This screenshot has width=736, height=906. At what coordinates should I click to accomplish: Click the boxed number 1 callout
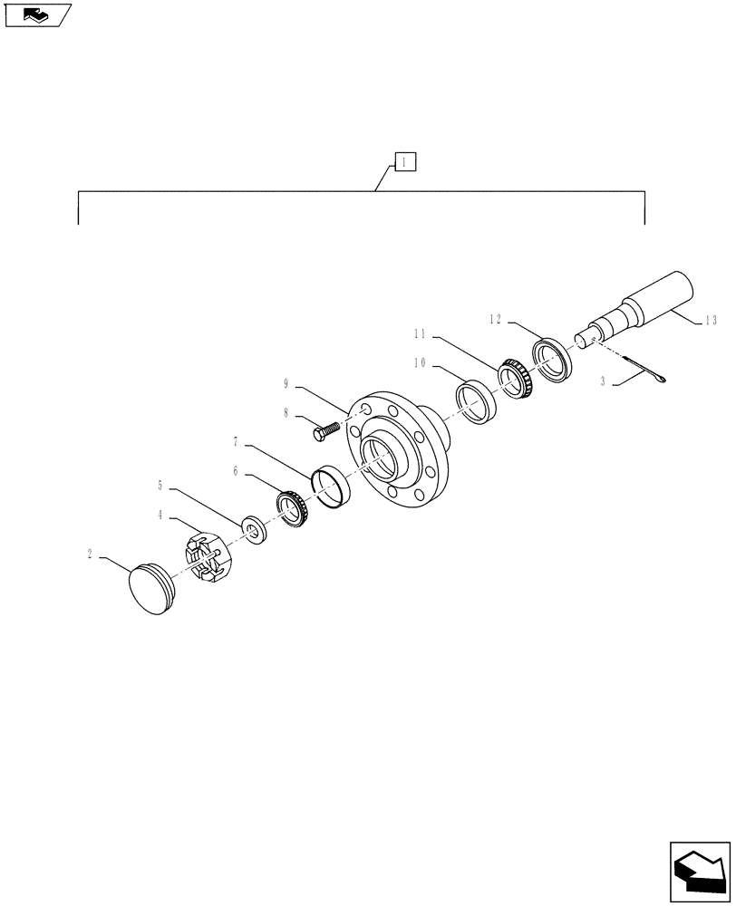pyautogui.click(x=404, y=163)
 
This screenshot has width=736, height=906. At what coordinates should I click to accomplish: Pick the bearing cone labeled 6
pyautogui.click(x=293, y=507)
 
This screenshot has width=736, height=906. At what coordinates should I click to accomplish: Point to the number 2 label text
pyautogui.click(x=91, y=552)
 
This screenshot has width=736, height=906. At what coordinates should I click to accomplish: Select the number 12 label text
pyautogui.click(x=494, y=319)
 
